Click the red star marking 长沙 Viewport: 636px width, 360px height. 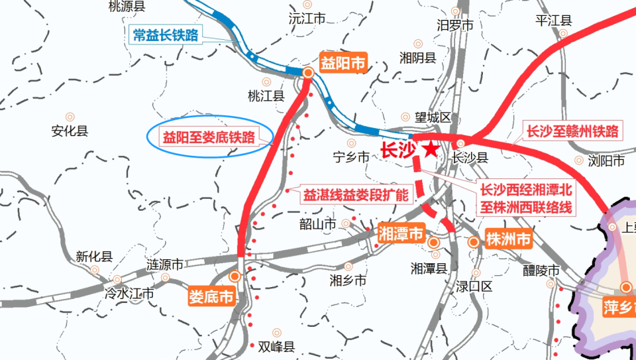coord(431,149)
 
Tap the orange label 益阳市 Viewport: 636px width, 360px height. coord(343,64)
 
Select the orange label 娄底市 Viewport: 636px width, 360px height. coord(211,297)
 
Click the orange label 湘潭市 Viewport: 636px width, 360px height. coord(401,233)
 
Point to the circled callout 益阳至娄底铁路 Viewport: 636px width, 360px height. coord(209,138)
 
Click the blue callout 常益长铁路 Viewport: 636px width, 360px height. coord(166,35)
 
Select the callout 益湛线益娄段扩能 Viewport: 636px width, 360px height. coord(356,196)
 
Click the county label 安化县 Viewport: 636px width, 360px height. coord(70,131)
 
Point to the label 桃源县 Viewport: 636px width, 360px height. coord(126,7)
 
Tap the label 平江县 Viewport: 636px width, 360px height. coord(553,21)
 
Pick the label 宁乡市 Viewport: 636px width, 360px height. coord(351,157)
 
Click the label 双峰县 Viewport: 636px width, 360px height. coord(276,345)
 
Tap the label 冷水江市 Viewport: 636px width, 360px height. coord(130,292)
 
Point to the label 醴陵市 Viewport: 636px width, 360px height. coord(541,271)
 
